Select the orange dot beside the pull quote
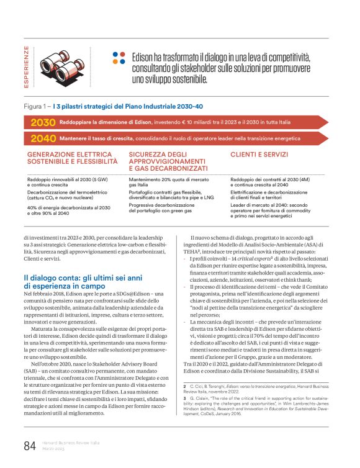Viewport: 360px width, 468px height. pyautogui.click(x=116, y=62)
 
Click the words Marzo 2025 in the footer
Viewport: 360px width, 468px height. pyautogui.click(x=55, y=449)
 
